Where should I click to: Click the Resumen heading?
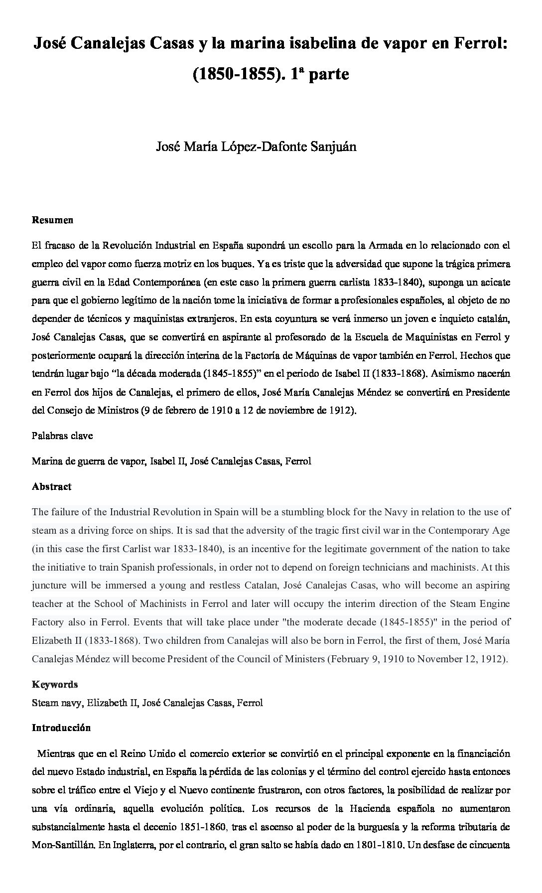[x=52, y=220]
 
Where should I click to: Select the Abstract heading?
[x=51, y=486]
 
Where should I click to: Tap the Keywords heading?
[x=55, y=684]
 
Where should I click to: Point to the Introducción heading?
[x=61, y=728]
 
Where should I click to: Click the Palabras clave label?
[x=62, y=436]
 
